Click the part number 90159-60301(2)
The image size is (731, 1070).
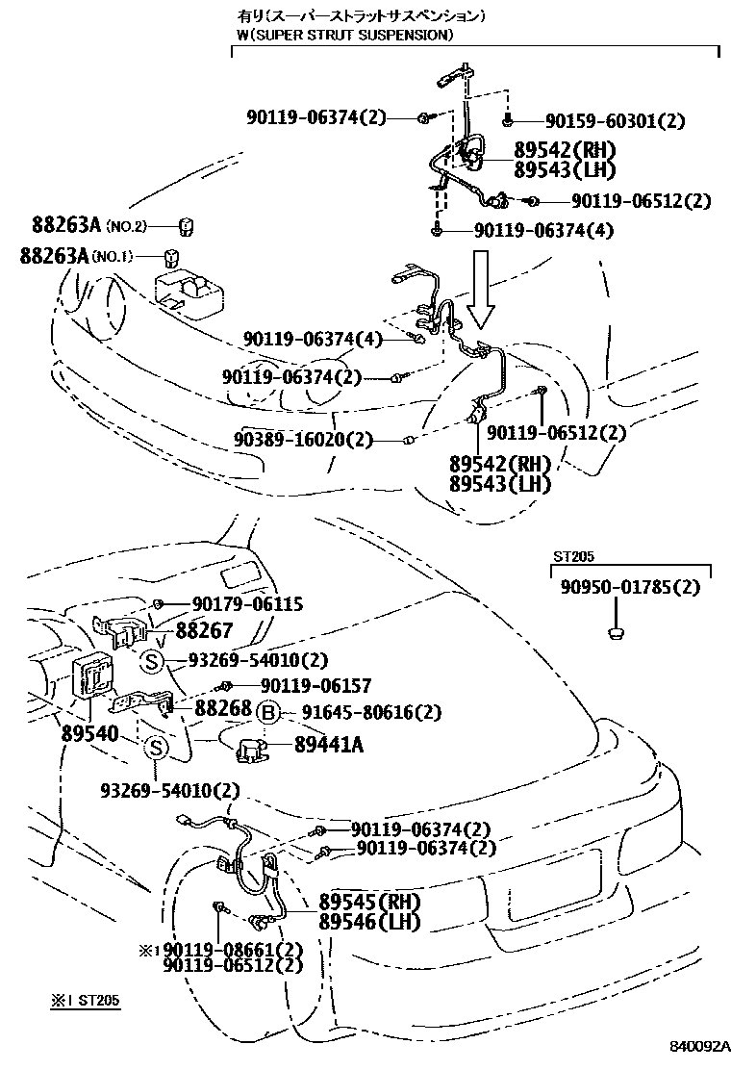tap(615, 121)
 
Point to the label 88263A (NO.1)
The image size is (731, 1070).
tap(78, 256)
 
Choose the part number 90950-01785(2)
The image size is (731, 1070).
tap(630, 587)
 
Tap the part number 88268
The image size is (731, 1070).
tap(223, 707)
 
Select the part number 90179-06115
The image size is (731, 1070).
tap(246, 604)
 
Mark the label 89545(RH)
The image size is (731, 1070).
tap(369, 903)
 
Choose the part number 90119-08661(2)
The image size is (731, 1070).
tap(231, 950)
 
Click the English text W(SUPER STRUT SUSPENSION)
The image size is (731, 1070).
tap(344, 35)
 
